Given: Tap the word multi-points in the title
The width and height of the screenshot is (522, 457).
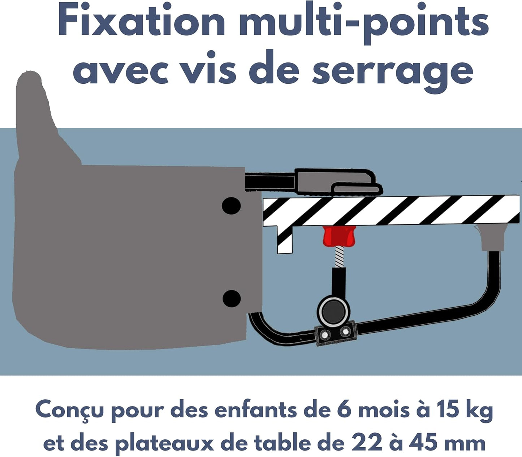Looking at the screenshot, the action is click(364, 23).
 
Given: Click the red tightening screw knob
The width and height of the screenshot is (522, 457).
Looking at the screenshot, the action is click(339, 236).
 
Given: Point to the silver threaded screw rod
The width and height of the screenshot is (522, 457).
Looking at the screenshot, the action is click(339, 256).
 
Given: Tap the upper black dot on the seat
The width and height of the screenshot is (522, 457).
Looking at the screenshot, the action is click(231, 206).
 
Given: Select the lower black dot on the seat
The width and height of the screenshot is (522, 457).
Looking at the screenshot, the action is click(231, 299).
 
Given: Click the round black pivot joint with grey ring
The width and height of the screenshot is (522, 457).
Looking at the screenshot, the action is click(334, 312).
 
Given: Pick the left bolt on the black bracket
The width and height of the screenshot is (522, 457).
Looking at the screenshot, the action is click(325, 334).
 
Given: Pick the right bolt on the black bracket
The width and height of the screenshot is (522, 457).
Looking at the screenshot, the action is click(345, 331).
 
